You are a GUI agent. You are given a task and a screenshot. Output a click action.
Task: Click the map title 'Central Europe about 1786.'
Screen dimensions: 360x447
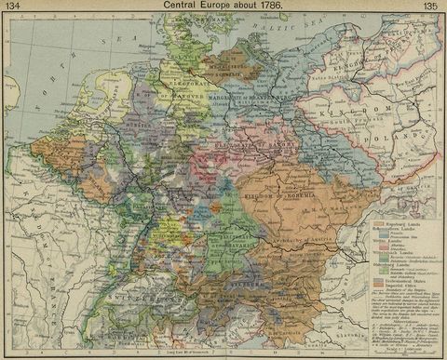[223, 6]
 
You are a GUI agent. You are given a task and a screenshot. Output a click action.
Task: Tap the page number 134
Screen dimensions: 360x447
[15, 7]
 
